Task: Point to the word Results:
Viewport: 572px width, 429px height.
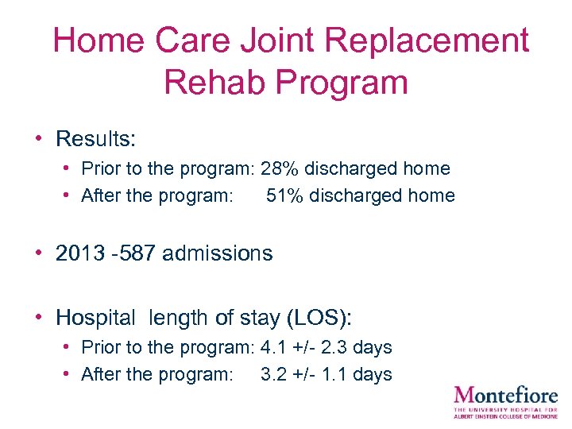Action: (96, 139)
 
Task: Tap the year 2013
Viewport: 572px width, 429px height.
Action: (79, 253)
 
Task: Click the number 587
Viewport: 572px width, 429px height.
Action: (137, 253)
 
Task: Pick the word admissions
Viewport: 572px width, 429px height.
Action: (217, 253)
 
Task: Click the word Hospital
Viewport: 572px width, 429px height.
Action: (96, 318)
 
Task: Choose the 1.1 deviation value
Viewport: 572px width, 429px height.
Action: (334, 374)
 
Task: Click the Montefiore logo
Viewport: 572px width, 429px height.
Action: (505, 401)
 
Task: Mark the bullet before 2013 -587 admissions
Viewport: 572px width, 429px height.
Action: (38, 253)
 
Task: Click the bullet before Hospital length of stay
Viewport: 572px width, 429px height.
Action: (38, 318)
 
